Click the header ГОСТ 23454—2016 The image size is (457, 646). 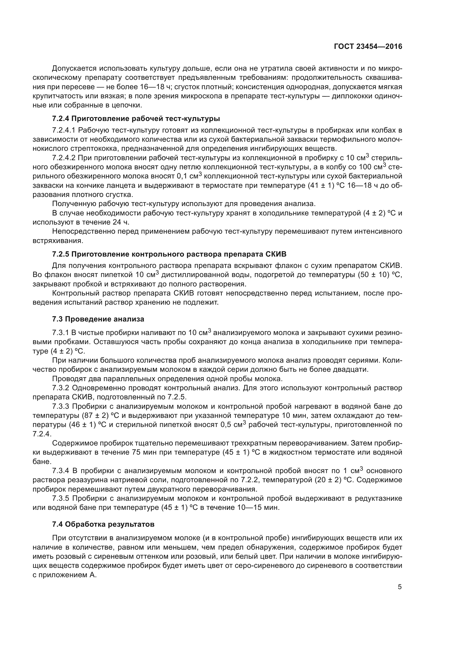point(368,47)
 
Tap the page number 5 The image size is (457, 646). point(400,587)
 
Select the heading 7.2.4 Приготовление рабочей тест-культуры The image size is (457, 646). point(136,118)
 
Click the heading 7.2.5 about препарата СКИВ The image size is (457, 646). point(169,254)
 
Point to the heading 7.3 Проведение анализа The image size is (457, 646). point(98,319)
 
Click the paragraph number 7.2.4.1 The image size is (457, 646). point(64,130)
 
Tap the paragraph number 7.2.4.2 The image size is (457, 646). point(64,158)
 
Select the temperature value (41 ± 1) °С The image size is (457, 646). point(324,186)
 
